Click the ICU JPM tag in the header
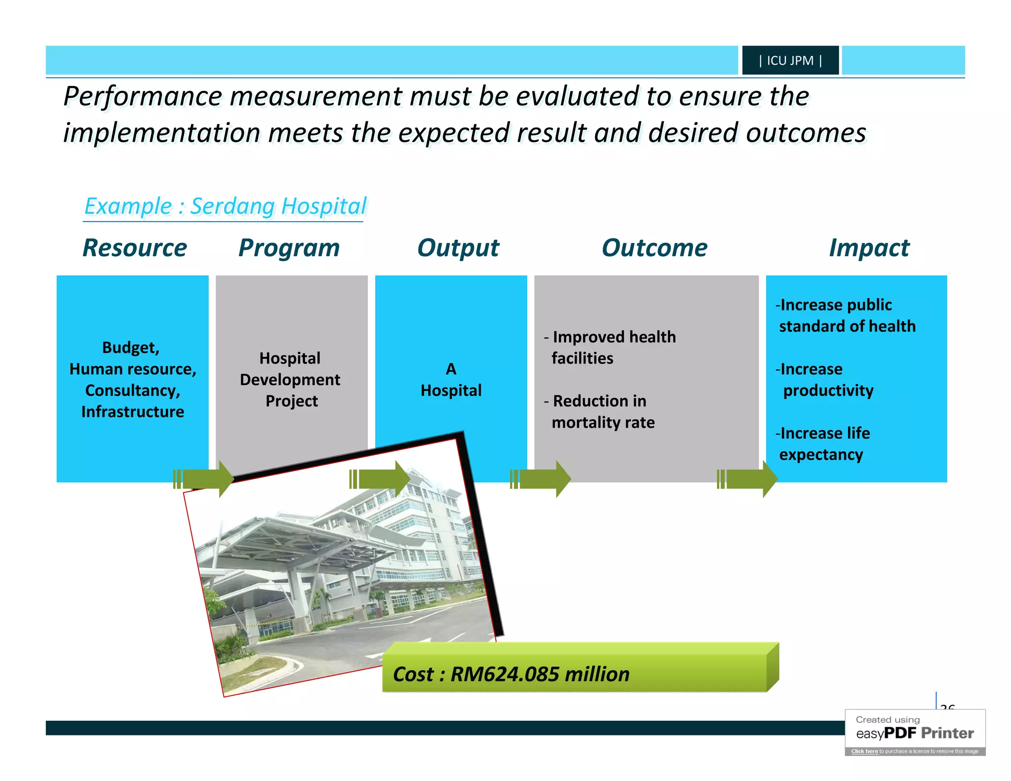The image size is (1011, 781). (790, 60)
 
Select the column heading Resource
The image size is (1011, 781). (134, 248)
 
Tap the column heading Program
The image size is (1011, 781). (289, 248)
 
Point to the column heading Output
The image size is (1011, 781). (458, 248)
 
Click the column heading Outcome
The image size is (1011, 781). (655, 248)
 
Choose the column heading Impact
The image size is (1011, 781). (869, 248)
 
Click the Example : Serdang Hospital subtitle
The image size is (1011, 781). (226, 206)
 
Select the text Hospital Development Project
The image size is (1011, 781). (290, 379)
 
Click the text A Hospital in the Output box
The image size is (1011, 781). (451, 380)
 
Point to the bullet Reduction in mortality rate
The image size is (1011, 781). (600, 411)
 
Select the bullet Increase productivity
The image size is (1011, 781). (824, 380)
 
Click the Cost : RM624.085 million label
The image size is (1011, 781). (511, 674)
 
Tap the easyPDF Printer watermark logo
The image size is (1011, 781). (915, 733)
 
